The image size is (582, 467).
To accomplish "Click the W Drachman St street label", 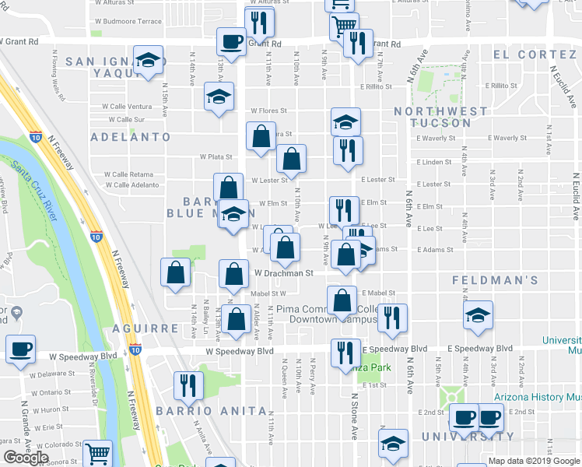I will tap(283, 273).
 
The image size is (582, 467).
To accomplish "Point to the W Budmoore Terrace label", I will tap(131, 21).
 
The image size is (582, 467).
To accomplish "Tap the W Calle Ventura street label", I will tap(129, 106).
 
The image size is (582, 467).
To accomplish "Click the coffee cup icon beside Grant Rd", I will tap(231, 41).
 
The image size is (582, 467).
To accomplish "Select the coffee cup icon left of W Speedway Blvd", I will tap(21, 349).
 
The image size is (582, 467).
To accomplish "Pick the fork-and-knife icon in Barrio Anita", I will tap(188, 384).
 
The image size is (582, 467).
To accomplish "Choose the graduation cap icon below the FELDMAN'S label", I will tap(478, 315).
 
